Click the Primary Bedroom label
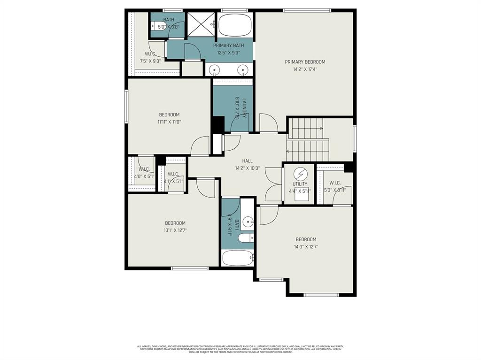pos(305,62)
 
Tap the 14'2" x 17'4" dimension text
pos(305,69)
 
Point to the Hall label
pos(248,161)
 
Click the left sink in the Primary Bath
pos(215,70)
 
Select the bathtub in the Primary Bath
pos(235,25)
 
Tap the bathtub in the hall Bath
pos(237,258)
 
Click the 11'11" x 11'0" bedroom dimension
pos(169,122)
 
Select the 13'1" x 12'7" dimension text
pos(175,230)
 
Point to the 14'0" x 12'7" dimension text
pos(306,246)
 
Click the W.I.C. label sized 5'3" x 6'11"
pos(335,183)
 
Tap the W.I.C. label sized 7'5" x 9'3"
pos(150,54)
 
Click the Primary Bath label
pos(229,46)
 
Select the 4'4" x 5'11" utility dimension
pos(300,191)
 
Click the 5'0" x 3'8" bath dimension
pos(168,27)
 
